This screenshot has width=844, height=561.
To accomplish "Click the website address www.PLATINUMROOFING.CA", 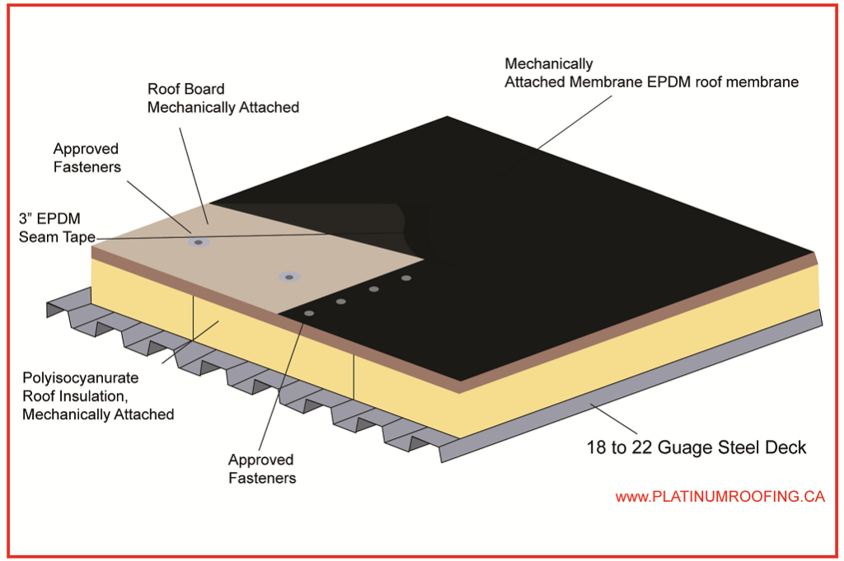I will [x=720, y=497].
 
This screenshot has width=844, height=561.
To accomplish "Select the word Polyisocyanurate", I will [x=80, y=378].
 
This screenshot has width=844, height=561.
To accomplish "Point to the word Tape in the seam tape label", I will [x=75, y=237].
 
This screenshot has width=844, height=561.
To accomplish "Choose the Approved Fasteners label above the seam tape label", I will [x=86, y=157].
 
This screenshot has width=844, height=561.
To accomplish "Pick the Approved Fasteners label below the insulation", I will [x=260, y=468].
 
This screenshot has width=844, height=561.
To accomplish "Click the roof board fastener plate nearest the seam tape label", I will [x=198, y=242].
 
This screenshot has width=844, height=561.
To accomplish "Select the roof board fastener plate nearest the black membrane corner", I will [x=288, y=277].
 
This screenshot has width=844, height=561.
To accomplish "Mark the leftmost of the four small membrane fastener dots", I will [x=309, y=314].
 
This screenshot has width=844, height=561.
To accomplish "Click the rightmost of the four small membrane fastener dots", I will [x=406, y=278].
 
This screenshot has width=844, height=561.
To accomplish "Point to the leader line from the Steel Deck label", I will [x=611, y=418].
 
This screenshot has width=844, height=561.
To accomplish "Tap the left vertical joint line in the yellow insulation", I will [x=193, y=317].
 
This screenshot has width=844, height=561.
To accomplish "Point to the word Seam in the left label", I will [x=38, y=237].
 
